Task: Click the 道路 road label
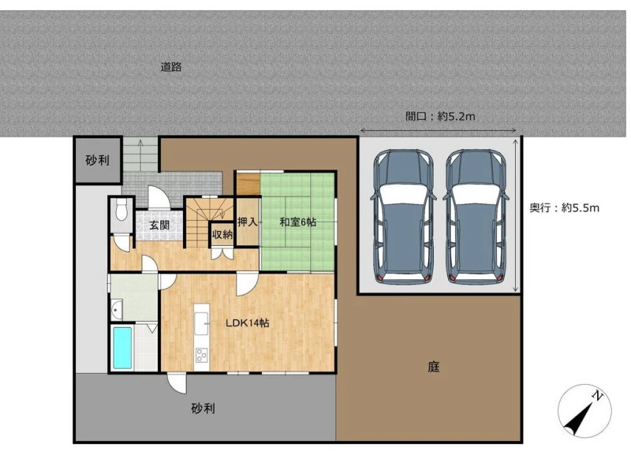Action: [x=171, y=67]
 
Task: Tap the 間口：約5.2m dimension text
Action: [x=440, y=117]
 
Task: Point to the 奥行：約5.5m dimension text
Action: [x=564, y=207]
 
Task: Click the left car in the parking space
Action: [x=403, y=217]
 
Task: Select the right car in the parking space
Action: [x=476, y=217]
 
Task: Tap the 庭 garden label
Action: [x=433, y=367]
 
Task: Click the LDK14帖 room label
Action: [x=247, y=323]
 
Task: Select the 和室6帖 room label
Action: [x=298, y=222]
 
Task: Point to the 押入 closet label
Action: [x=247, y=222]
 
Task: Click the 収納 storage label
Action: [x=222, y=233]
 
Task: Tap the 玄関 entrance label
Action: [x=159, y=225]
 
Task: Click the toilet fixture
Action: [x=121, y=209]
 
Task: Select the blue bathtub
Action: [x=122, y=348]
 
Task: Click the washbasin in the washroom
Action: [x=117, y=310]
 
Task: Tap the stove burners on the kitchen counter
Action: [x=201, y=355]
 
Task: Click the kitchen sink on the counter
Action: [x=201, y=323]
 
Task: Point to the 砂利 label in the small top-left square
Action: [x=97, y=161]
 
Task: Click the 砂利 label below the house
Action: [x=203, y=408]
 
